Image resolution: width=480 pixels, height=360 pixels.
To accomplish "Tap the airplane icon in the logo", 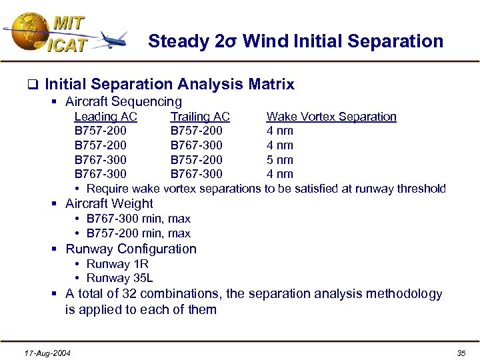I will [114, 40].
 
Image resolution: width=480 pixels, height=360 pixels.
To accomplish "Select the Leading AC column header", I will [105, 117].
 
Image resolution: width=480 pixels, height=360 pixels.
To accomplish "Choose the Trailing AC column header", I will [200, 117].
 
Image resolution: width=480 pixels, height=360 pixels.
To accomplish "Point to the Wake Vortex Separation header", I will [331, 117].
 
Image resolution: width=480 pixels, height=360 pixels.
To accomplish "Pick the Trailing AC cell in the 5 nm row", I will [197, 160].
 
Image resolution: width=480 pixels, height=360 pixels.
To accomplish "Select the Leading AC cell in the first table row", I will [101, 131].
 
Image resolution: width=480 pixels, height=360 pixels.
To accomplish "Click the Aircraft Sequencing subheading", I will [123, 102].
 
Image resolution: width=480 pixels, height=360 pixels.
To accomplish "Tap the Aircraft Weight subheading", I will [109, 204].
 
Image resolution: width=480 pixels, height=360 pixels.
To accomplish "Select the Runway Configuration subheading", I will [131, 249].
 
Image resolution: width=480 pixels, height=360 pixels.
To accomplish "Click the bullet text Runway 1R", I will [117, 264].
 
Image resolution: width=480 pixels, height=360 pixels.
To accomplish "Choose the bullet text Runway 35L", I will [120, 279].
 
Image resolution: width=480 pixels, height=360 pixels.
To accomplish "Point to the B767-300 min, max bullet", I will [139, 219].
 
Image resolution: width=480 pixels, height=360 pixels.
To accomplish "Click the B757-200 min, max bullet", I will [139, 233].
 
